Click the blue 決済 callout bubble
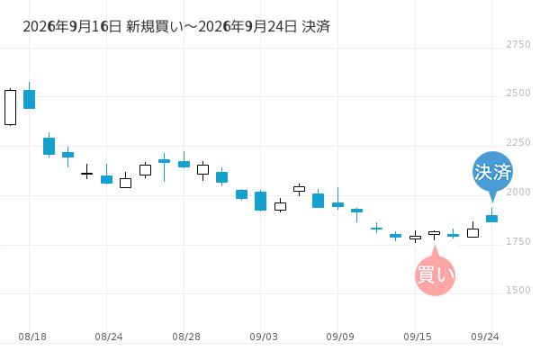click(x=492, y=172)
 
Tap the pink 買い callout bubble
click(x=436, y=274)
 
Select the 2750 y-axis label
click(x=518, y=44)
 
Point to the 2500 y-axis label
click(x=518, y=93)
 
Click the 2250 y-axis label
click(x=518, y=142)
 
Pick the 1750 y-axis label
click(x=518, y=241)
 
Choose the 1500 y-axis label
click(x=518, y=290)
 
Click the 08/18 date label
click(x=32, y=337)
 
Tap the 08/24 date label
click(x=109, y=337)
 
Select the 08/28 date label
click(x=186, y=337)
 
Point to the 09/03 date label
click(x=264, y=337)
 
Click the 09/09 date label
click(x=340, y=337)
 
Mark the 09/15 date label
click(x=418, y=337)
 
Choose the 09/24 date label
click(x=485, y=337)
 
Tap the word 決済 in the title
click(x=316, y=26)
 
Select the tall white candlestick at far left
click(x=10, y=107)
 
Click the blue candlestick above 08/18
click(x=30, y=99)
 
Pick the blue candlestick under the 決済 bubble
click(x=491, y=219)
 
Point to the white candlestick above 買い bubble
click(x=435, y=234)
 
